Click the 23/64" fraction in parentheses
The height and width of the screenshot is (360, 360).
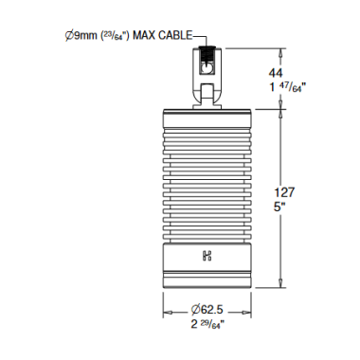tap(112, 36)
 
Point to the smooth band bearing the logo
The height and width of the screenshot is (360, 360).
tap(207, 255)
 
